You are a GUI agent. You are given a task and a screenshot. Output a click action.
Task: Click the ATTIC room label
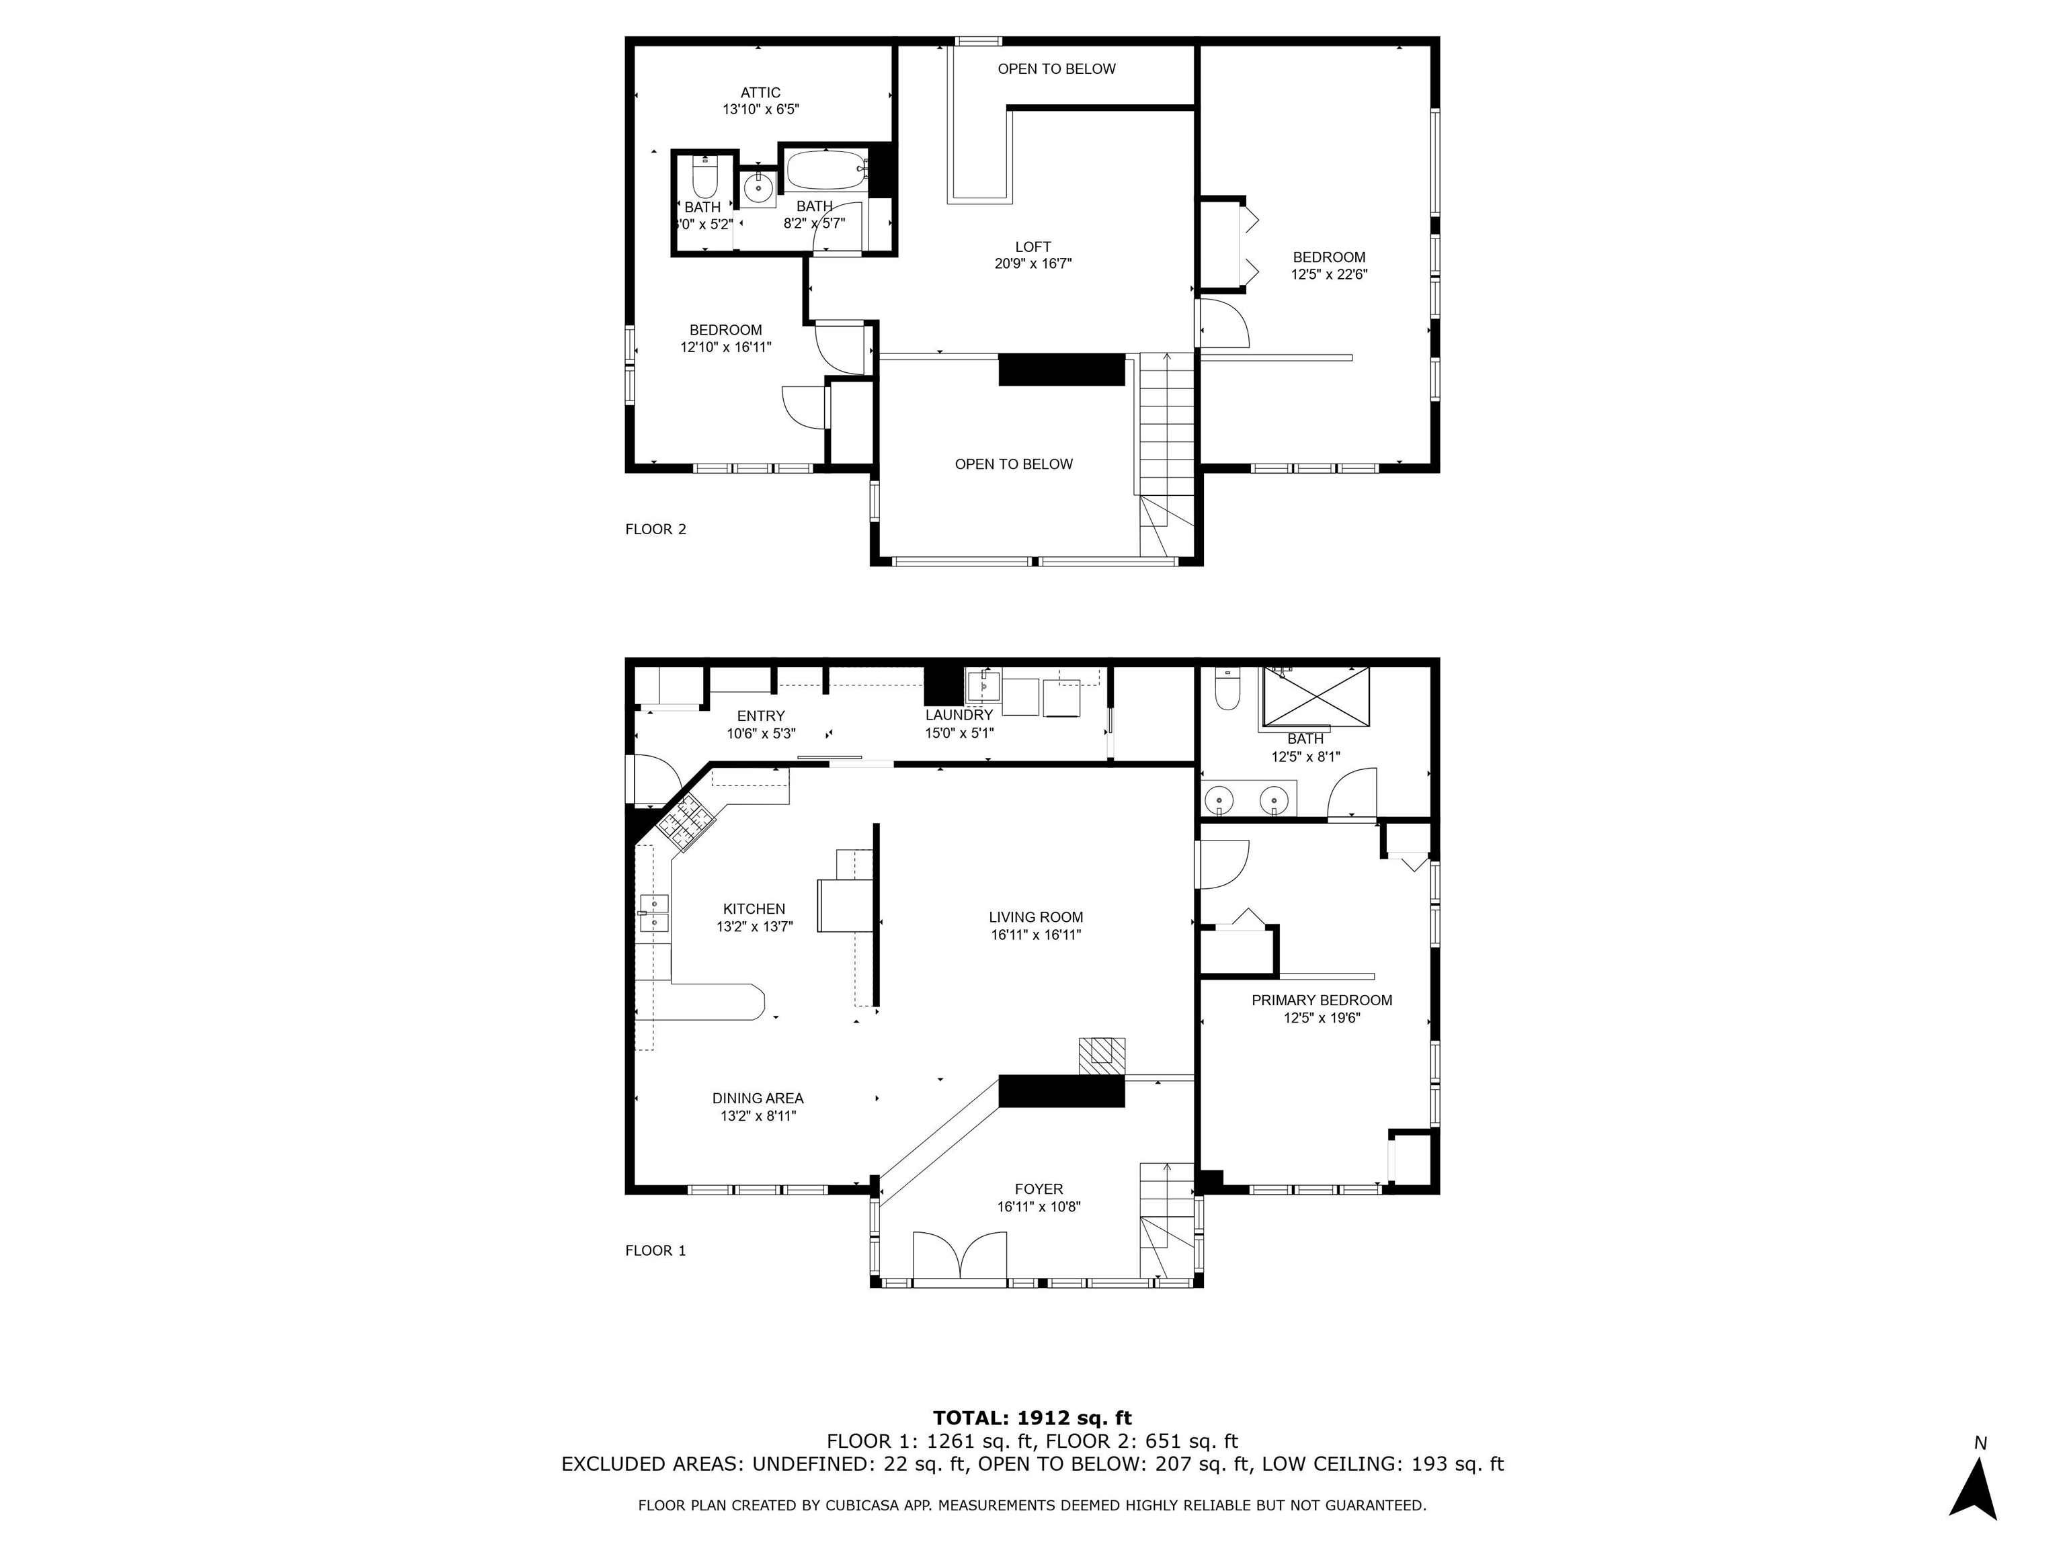[760, 92]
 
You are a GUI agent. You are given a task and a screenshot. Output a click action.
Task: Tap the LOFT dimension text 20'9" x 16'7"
[1032, 264]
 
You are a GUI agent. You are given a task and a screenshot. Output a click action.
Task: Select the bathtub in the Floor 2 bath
[826, 171]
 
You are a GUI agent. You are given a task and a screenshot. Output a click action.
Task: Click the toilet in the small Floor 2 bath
[704, 177]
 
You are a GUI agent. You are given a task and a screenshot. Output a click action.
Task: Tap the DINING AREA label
[757, 1099]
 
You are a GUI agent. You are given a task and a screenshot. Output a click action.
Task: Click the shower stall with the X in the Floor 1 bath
[1315, 695]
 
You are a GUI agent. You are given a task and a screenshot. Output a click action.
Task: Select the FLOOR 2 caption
[655, 529]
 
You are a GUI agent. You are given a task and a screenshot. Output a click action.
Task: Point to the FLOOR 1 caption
[655, 1250]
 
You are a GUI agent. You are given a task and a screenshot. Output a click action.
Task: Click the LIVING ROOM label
[1037, 917]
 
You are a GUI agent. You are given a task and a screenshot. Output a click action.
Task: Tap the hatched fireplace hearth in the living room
[1102, 1056]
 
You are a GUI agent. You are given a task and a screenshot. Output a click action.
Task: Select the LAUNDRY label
[959, 716]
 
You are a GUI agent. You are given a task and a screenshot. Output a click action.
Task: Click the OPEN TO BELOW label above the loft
[1056, 69]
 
